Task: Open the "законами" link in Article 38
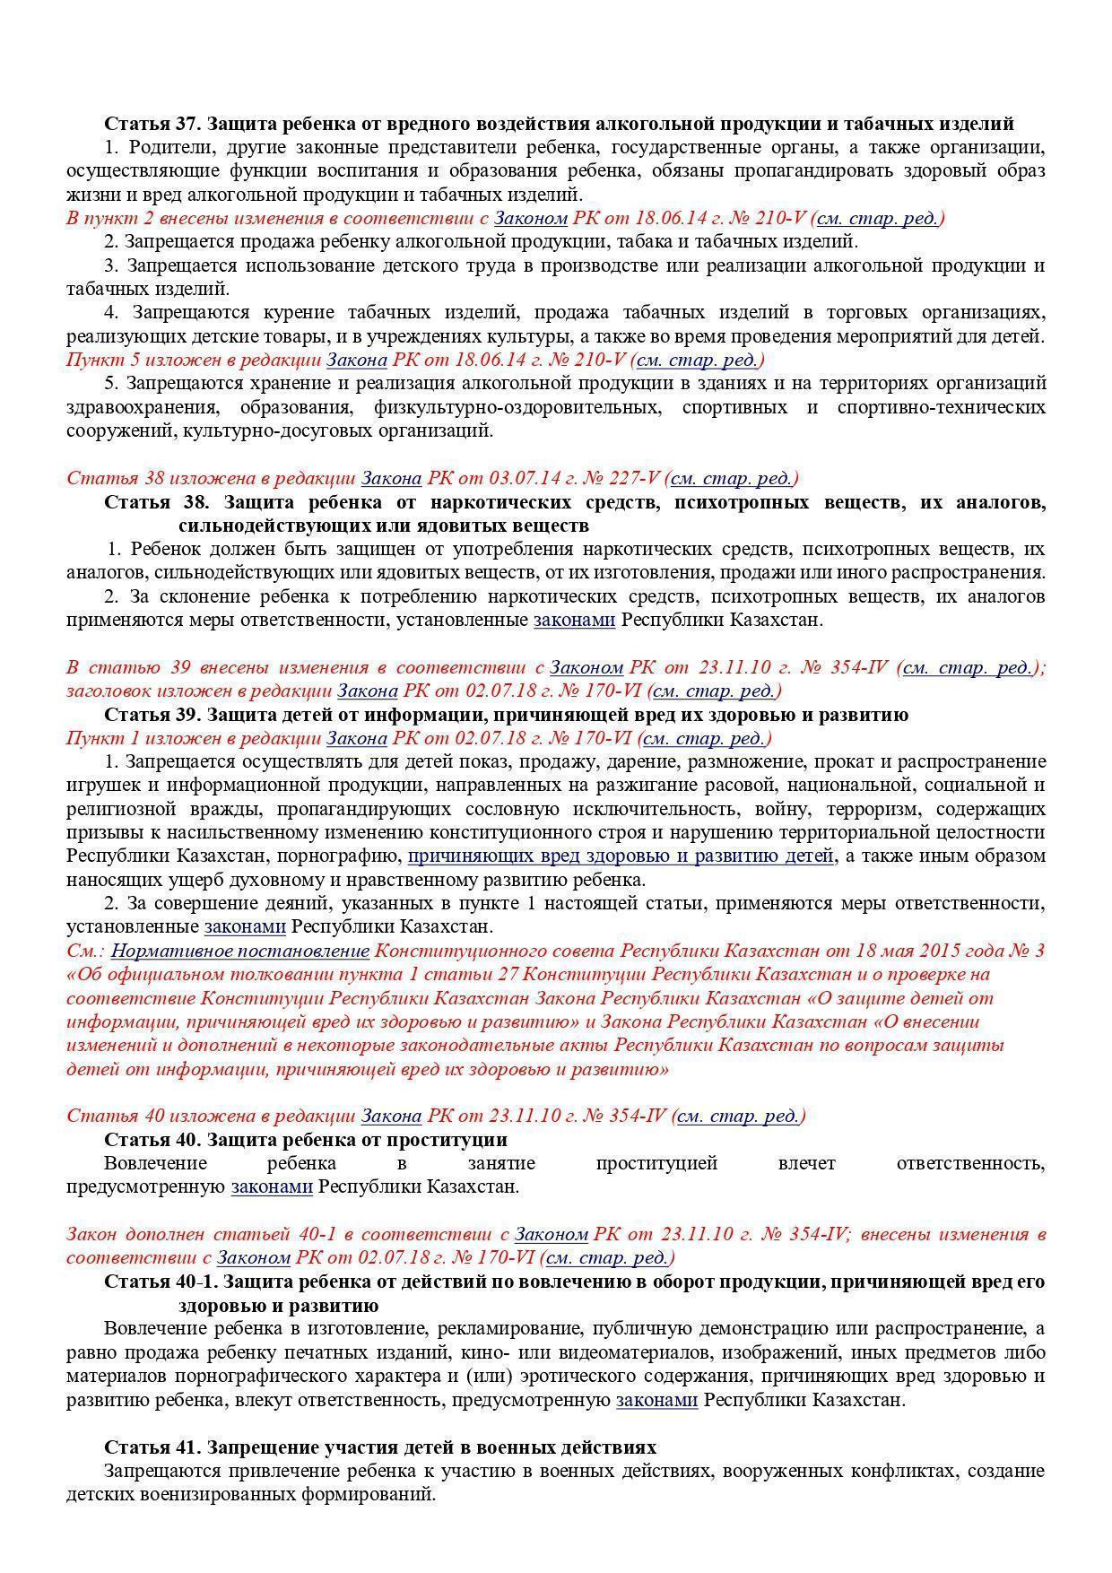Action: [x=574, y=620]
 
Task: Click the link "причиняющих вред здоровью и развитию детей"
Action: [x=621, y=856]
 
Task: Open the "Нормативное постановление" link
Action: [x=240, y=951]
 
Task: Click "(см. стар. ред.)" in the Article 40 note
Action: [x=739, y=1117]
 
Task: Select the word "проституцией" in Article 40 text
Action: [x=656, y=1164]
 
